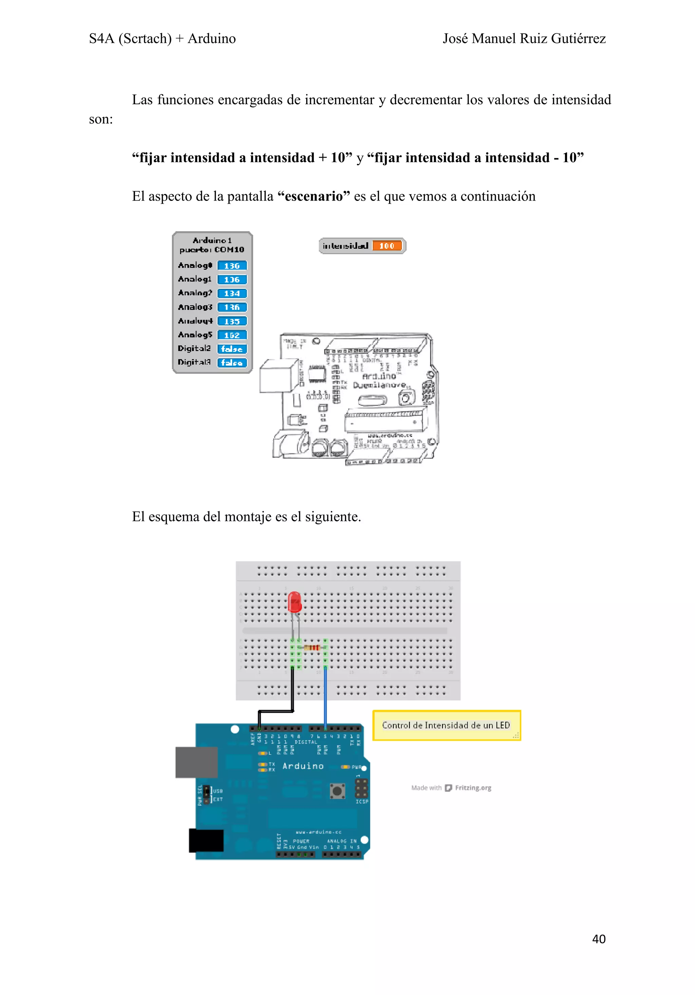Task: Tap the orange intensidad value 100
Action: click(387, 246)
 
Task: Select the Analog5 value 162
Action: click(232, 335)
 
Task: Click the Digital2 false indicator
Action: click(232, 349)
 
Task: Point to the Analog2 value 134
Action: click(232, 294)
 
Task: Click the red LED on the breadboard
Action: click(294, 602)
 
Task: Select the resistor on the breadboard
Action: click(312, 647)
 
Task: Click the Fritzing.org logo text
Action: click(473, 788)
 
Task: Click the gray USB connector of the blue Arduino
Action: click(196, 762)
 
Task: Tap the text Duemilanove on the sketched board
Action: click(379, 385)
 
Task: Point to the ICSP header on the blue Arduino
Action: click(361, 788)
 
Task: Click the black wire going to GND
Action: click(293, 689)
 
